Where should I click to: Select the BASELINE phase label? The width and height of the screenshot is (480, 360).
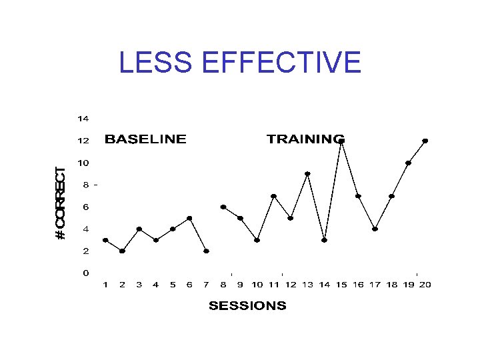(145, 139)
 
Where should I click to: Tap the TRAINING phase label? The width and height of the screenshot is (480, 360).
(306, 139)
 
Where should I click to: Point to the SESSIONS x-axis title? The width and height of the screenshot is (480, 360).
(247, 306)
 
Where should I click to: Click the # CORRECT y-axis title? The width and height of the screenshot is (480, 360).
(61, 203)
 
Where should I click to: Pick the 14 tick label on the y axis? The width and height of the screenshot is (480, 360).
(83, 119)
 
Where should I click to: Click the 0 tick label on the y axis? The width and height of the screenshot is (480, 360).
(86, 273)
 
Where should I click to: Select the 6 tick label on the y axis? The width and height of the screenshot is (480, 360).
(86, 207)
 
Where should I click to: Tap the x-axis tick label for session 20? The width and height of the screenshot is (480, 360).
(425, 285)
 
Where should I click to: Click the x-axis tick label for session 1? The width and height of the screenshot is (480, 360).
(105, 285)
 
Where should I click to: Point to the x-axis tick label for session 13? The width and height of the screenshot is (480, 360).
(307, 285)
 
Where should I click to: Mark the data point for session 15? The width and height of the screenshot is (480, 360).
(341, 141)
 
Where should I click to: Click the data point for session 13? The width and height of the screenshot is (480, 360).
(307, 174)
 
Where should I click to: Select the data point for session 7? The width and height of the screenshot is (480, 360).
(207, 251)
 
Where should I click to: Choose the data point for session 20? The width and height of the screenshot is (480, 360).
(425, 141)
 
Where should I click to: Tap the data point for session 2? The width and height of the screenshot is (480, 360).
(122, 251)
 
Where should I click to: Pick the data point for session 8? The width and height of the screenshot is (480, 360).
(223, 207)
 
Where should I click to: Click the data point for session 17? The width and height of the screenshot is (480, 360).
(375, 229)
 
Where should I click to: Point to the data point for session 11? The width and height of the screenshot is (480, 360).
(273, 196)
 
